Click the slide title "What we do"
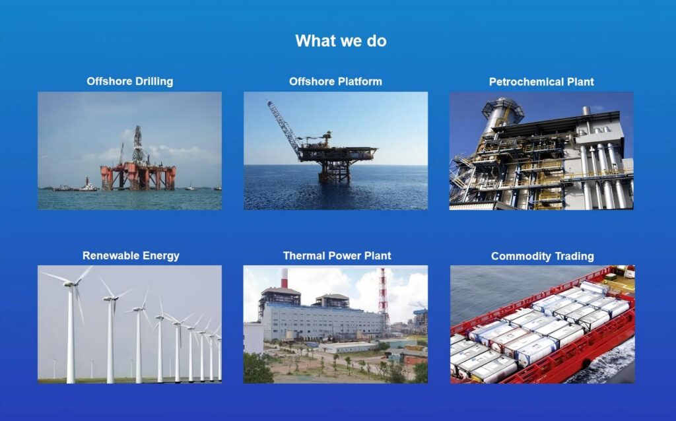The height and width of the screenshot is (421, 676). click(341, 41)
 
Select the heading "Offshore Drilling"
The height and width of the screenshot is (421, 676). click(130, 81)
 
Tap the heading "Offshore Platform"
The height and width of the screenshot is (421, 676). click(335, 81)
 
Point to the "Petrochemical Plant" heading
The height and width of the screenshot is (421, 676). click(541, 82)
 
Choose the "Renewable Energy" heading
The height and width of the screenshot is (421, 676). click(131, 256)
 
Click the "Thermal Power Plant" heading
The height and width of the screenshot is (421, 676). click(337, 256)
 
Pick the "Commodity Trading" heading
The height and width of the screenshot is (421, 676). click(543, 257)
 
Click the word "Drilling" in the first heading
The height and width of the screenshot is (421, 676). click(154, 81)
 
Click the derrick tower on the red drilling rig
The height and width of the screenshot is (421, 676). click(138, 145)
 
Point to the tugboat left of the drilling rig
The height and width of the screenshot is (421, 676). click(88, 185)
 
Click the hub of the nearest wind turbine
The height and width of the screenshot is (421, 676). click(69, 284)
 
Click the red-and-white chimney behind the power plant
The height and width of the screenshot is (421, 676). click(284, 278)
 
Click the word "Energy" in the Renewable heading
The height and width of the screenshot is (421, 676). click(161, 256)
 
